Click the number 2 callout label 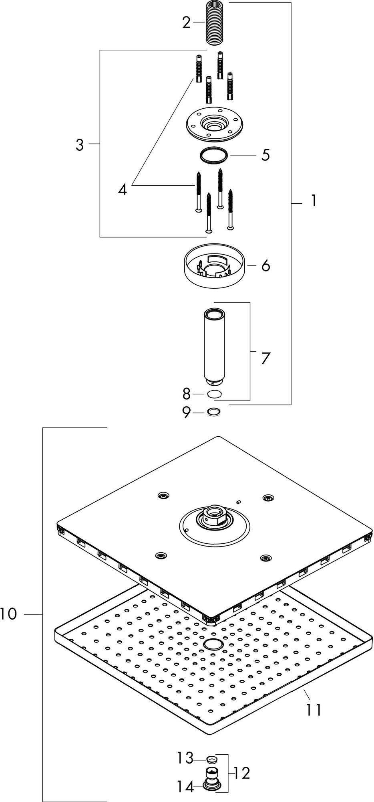pos(186,23)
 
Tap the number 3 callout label pos(80,145)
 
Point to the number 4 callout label pos(123,189)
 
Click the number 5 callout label pos(266,155)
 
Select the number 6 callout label pos(266,266)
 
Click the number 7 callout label pos(266,358)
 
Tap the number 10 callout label pos(9,614)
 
